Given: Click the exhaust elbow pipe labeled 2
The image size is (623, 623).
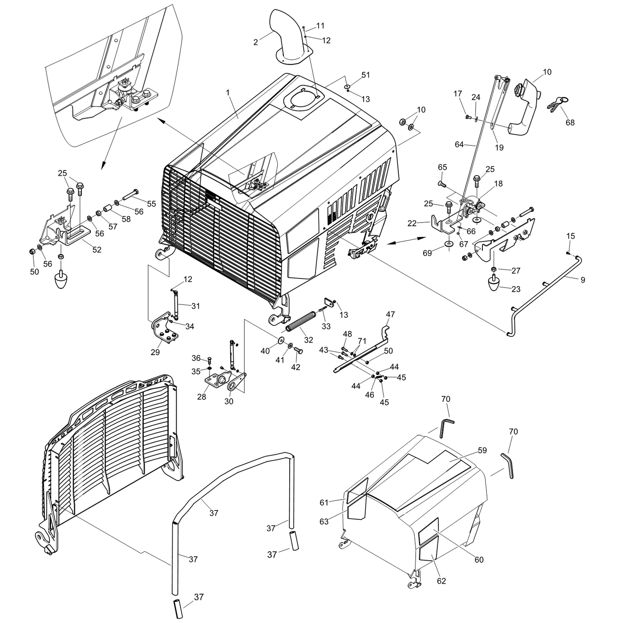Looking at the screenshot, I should pos(285,33).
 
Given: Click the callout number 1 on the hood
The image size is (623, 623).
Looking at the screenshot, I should pos(228,93).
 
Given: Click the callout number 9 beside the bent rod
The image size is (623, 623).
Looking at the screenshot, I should pos(583,280).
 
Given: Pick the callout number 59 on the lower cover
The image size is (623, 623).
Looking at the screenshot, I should pos(482,450).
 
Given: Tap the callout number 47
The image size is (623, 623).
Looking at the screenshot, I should pos(390,315).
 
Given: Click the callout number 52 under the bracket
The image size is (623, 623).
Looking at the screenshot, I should pos(97,250).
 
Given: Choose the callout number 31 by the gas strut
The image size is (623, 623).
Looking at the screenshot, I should pos(196,306).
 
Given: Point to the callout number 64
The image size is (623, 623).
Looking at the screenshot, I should pos(459,144).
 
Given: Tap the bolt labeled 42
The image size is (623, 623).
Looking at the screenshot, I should pos(298,351).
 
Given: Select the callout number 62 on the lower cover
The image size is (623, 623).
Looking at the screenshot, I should pos(441,581).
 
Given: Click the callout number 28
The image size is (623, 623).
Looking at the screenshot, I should pos(202,396).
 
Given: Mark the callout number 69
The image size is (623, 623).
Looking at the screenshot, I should pos(427,253).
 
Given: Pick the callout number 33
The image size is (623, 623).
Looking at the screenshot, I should pos(326,326).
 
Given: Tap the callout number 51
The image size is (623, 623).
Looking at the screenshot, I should pos(365,75).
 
